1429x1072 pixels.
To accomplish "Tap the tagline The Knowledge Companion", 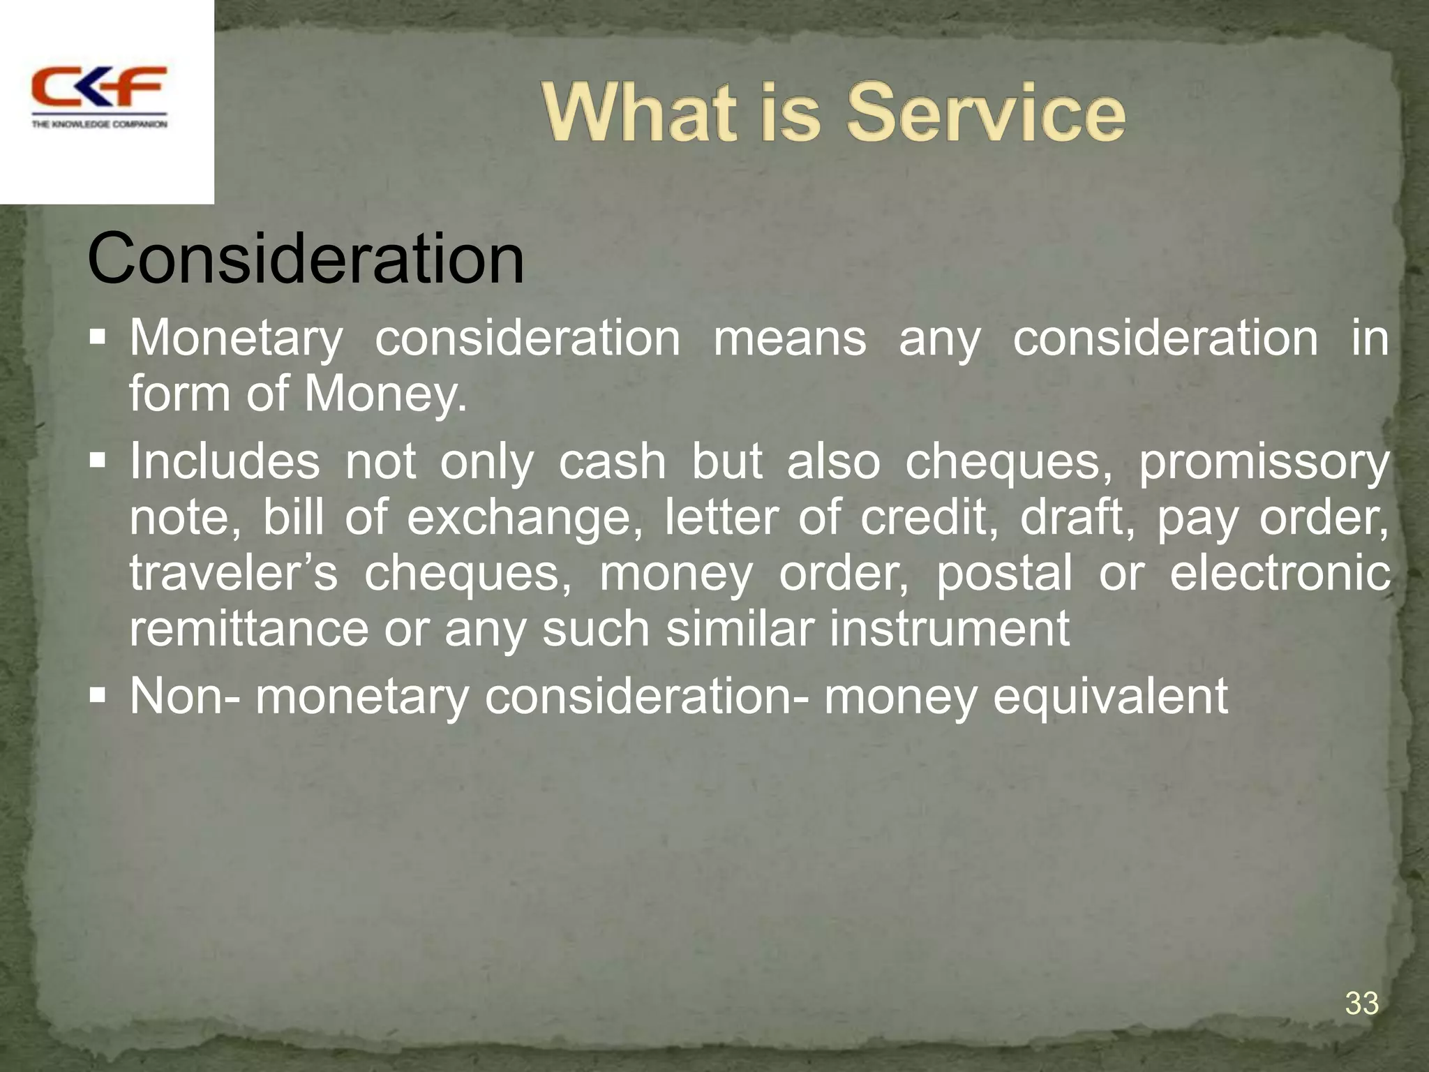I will (x=99, y=124).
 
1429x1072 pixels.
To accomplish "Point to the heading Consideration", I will (x=306, y=260).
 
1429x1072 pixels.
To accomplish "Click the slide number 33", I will (x=1361, y=1004).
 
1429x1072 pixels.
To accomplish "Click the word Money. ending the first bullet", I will (x=385, y=395).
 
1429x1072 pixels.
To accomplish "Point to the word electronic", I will (x=1279, y=574).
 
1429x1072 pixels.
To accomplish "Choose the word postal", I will (x=1003, y=574).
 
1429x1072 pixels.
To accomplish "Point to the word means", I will (x=789, y=340).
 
